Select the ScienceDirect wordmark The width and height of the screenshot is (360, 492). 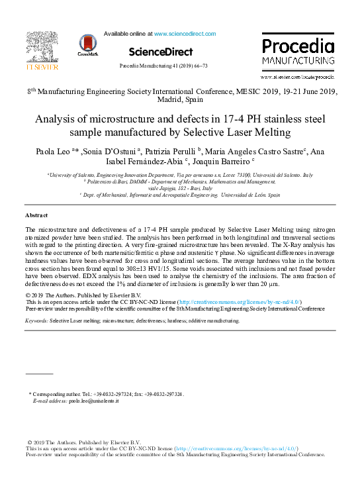161,52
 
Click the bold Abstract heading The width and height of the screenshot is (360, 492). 37,216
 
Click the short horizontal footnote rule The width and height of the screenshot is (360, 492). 38,374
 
